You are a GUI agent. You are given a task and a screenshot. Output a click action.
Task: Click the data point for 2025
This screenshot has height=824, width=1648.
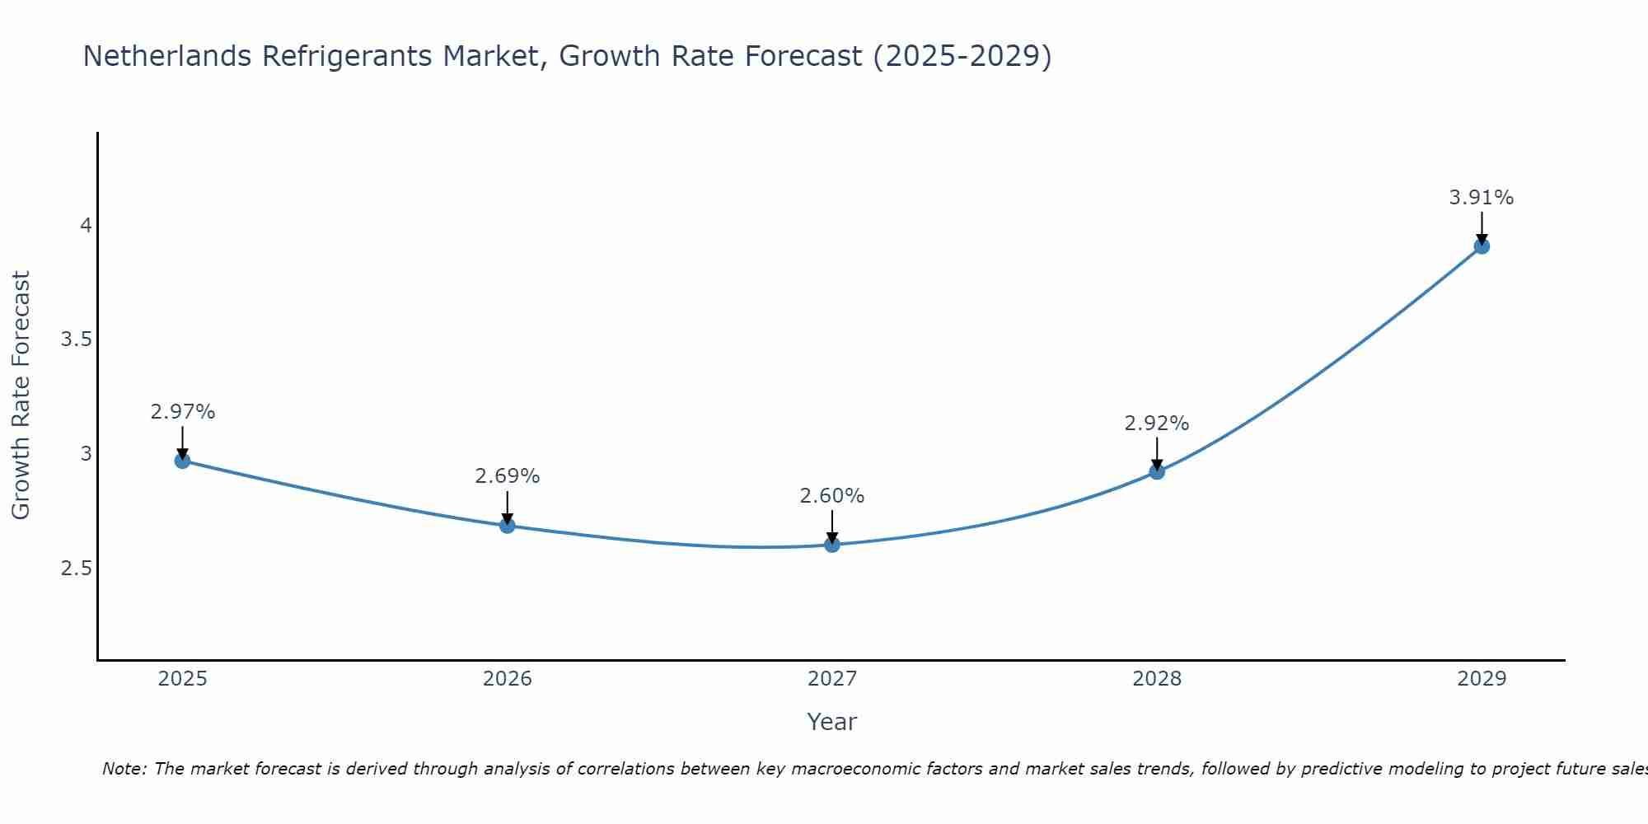tap(182, 461)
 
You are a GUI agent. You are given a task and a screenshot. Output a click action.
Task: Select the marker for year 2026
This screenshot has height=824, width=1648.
tap(508, 525)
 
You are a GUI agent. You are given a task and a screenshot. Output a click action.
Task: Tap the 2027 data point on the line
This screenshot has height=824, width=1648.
tap(832, 545)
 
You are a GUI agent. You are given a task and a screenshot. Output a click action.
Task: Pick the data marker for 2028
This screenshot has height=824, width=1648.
tap(1157, 471)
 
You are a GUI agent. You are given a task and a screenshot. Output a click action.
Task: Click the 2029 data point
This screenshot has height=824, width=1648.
tap(1482, 246)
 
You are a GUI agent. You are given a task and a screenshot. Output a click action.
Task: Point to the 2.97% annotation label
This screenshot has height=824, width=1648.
tap(182, 412)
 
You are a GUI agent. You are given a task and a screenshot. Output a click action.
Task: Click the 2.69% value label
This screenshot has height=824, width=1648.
tap(508, 476)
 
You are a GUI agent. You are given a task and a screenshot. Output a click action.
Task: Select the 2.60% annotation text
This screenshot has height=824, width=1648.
tap(832, 496)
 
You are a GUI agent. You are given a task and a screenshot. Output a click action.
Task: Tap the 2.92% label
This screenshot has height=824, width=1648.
tap(1157, 424)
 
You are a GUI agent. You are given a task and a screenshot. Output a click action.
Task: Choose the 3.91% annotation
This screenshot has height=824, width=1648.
tap(1482, 198)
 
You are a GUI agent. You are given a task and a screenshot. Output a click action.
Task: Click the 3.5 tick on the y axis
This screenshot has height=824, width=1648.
tap(76, 339)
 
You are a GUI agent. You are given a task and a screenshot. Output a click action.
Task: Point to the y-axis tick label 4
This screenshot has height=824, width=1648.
tap(86, 225)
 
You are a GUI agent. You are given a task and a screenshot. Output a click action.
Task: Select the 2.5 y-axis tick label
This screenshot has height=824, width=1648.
tap(76, 569)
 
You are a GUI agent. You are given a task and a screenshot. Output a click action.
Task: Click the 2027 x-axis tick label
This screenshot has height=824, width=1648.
tap(832, 679)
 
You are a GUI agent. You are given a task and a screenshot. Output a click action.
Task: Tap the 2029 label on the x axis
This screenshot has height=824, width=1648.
tap(1482, 679)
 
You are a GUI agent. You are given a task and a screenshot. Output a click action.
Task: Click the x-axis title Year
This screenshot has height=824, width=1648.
tap(832, 722)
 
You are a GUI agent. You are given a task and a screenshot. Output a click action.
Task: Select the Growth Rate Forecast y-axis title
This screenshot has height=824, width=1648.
tap(21, 396)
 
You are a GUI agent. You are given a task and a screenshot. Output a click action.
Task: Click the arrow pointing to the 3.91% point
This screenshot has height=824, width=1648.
tap(1482, 227)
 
